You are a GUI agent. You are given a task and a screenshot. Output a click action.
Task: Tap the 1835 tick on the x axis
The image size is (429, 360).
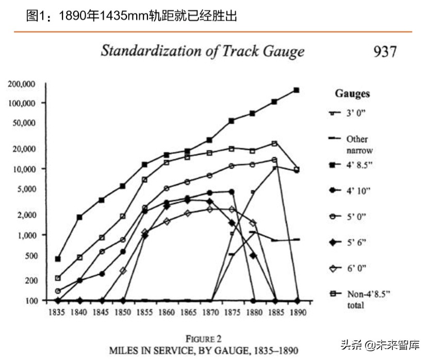pyautogui.click(x=57, y=313)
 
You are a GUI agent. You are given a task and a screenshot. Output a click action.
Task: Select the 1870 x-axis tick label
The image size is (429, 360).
pyautogui.click(x=209, y=313)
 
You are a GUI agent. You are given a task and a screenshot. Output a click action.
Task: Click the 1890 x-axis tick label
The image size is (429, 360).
pyautogui.click(x=298, y=313)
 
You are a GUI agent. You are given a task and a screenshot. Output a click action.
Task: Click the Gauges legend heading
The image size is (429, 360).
pyautogui.click(x=352, y=93)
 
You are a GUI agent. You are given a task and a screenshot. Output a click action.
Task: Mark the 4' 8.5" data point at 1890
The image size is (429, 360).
pyautogui.click(x=296, y=90)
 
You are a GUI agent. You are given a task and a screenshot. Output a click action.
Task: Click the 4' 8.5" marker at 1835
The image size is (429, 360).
pyautogui.click(x=58, y=258)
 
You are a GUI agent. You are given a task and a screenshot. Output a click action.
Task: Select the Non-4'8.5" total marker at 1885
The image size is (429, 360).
pyautogui.click(x=274, y=143)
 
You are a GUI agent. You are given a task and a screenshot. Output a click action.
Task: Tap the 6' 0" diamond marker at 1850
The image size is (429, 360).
pyautogui.click(x=123, y=270)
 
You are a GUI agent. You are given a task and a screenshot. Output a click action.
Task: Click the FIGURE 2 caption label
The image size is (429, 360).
pyautogui.click(x=203, y=339)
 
